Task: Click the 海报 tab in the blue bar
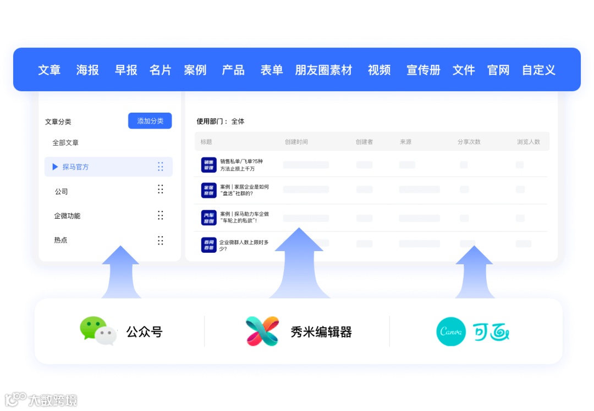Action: pyautogui.click(x=87, y=70)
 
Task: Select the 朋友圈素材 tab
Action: pyautogui.click(x=323, y=70)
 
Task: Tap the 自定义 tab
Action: pyautogui.click(x=538, y=70)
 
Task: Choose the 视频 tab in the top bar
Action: pyautogui.click(x=379, y=70)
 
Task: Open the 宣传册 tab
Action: pyautogui.click(x=424, y=70)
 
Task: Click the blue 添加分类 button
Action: pyautogui.click(x=150, y=121)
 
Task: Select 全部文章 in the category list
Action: pyautogui.click(x=65, y=143)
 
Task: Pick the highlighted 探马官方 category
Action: pyautogui.click(x=75, y=167)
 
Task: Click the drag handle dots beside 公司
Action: pyautogui.click(x=161, y=190)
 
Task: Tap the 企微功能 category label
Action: pyautogui.click(x=67, y=216)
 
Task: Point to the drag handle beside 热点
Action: pyautogui.click(x=161, y=240)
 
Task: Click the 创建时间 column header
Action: pyautogui.click(x=296, y=142)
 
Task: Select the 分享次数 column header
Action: pyautogui.click(x=469, y=142)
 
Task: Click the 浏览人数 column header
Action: pyautogui.click(x=529, y=142)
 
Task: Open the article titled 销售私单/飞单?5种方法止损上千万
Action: pyautogui.click(x=241, y=165)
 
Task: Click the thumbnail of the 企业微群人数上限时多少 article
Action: pyautogui.click(x=209, y=245)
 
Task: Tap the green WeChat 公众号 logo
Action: pyautogui.click(x=98, y=331)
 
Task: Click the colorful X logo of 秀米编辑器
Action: pyautogui.click(x=262, y=331)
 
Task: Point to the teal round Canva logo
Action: pyautogui.click(x=451, y=331)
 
